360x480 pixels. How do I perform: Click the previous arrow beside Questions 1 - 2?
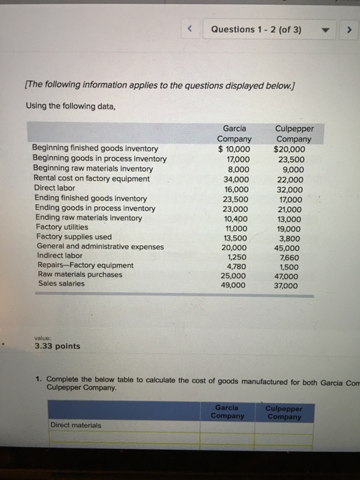point(192,29)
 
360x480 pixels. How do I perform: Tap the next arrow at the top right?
point(348,29)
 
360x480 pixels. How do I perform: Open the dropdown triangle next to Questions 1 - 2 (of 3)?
point(328,29)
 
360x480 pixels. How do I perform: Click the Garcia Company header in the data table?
point(235,133)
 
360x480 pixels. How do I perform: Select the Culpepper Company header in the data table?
point(292,133)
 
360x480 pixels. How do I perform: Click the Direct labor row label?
point(54,188)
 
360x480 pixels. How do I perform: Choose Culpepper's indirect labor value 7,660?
point(290,256)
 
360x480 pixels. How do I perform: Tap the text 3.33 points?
point(58,346)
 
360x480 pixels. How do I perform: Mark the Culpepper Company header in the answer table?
point(284,411)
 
